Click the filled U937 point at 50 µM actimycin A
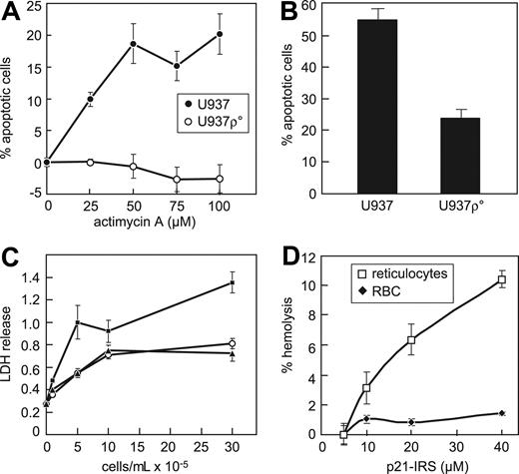tap(133, 44)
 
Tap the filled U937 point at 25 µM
tap(90, 99)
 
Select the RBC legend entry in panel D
tap(384, 291)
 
